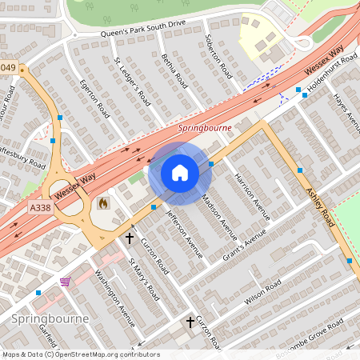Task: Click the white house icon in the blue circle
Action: pyautogui.click(x=180, y=173)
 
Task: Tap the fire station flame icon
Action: pyautogui.click(x=102, y=204)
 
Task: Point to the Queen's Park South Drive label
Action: pyautogui.click(x=143, y=28)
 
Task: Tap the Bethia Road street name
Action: pyautogui.click(x=174, y=74)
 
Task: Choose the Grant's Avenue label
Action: pyautogui.click(x=244, y=238)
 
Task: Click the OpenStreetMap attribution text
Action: pyautogui.click(x=80, y=354)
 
